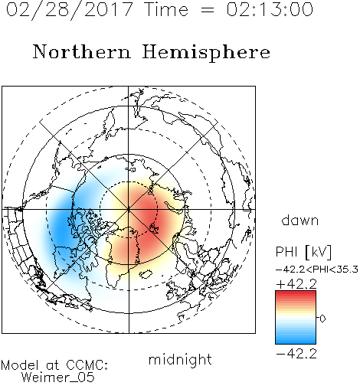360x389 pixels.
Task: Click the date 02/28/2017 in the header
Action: click(x=69, y=10)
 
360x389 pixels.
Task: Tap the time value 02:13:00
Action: click(x=270, y=9)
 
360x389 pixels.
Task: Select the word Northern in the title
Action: click(x=82, y=51)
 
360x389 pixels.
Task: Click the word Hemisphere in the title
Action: click(x=206, y=53)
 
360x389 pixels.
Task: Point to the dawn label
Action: click(x=300, y=220)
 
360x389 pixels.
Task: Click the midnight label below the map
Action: click(x=180, y=359)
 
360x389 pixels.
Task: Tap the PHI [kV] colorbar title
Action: click(x=303, y=252)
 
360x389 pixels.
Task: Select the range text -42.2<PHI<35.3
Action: click(x=317, y=270)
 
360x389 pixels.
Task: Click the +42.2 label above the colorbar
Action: click(x=296, y=284)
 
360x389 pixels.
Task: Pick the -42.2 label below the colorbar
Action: click(x=296, y=354)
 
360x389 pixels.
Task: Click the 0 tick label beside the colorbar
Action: click(x=322, y=319)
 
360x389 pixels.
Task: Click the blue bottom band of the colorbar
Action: click(x=296, y=341)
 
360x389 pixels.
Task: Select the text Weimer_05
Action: click(x=58, y=378)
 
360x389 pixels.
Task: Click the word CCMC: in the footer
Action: click(x=87, y=365)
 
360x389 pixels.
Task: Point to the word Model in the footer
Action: click(x=20, y=365)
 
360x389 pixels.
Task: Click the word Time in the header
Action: click(x=166, y=9)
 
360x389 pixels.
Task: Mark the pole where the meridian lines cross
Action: click(x=129, y=209)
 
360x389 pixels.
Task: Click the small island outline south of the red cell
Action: click(x=146, y=274)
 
